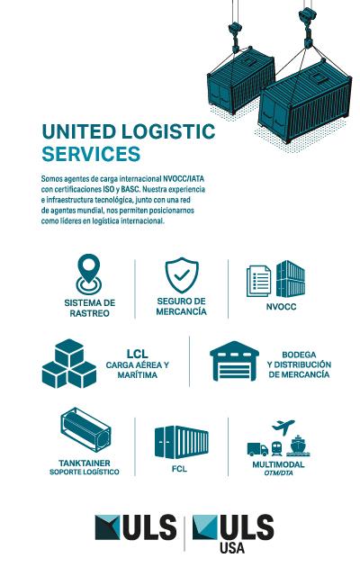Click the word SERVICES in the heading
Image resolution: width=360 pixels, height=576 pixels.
point(91,154)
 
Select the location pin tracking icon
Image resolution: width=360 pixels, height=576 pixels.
point(88,274)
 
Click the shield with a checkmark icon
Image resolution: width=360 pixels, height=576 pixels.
point(182,275)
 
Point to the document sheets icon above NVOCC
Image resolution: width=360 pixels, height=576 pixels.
point(258,281)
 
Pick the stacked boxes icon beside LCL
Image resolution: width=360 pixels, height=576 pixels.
point(69,364)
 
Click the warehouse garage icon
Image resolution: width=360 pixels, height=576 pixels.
point(234,361)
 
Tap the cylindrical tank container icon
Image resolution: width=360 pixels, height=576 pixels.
point(85,429)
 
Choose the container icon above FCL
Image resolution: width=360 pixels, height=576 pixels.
point(182,443)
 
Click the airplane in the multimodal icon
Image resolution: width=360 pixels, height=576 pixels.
point(283,427)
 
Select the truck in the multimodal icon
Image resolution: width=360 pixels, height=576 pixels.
point(257,449)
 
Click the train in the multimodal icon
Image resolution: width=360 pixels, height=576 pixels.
point(277,449)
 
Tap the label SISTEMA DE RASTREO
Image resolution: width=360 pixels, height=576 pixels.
point(90,308)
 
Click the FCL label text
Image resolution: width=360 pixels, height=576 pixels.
point(180,469)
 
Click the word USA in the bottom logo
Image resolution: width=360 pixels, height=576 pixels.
point(232,547)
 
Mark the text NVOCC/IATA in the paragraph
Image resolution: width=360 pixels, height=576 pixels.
point(184,179)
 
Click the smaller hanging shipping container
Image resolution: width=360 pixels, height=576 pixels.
point(240,80)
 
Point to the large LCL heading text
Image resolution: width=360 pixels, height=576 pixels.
point(138,354)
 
